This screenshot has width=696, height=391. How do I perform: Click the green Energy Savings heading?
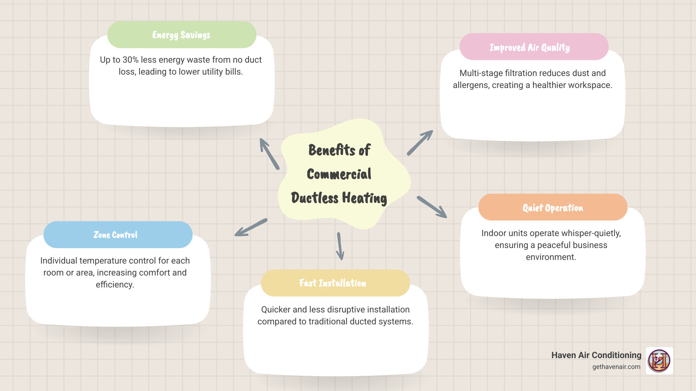tap(181, 35)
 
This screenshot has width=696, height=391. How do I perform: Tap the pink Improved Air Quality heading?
tap(530, 47)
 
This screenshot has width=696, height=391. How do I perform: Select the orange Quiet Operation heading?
tap(552, 208)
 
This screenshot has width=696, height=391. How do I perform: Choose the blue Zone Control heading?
tap(115, 235)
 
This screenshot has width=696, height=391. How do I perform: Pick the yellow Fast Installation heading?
tap(332, 283)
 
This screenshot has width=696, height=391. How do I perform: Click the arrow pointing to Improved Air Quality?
tap(420, 143)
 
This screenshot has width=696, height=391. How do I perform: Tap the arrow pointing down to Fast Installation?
tap(340, 246)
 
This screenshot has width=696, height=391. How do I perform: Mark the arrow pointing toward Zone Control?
tap(251, 227)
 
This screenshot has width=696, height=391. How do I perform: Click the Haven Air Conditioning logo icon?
tap(659, 361)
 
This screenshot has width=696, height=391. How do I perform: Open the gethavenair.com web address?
tap(616, 367)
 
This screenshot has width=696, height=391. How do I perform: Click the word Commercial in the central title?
tap(339, 174)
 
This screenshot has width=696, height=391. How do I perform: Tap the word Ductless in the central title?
tap(315, 198)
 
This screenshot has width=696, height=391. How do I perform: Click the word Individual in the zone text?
tap(59, 261)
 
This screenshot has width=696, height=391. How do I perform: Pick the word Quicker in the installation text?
tap(275, 310)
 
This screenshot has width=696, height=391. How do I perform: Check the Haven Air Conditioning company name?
tap(596, 355)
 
